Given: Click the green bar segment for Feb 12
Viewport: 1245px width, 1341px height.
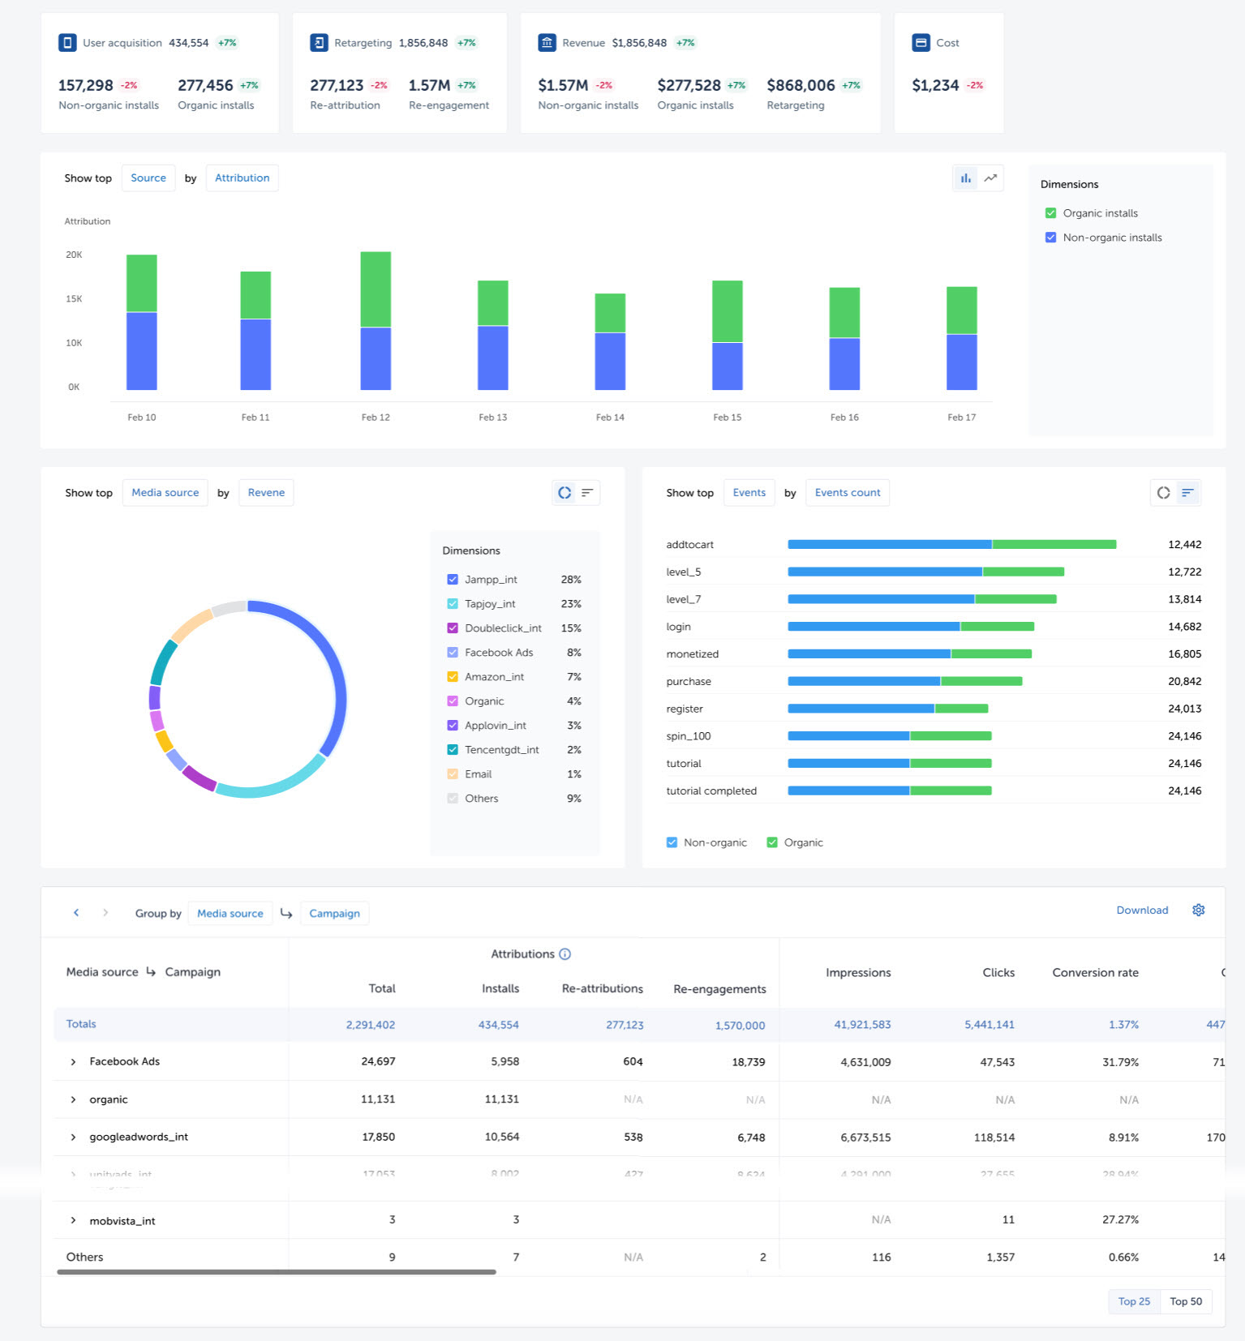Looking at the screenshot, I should point(376,289).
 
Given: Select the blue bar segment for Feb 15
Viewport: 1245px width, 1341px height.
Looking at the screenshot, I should point(727,366).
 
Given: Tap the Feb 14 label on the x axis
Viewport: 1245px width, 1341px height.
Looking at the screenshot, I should point(610,418).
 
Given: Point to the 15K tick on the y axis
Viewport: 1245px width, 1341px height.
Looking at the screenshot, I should point(74,299).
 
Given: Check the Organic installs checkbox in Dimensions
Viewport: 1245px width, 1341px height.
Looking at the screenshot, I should point(1050,213).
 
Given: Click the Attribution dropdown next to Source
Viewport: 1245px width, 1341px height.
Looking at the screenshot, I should point(242,178).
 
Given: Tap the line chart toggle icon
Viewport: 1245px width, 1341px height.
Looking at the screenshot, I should point(990,178).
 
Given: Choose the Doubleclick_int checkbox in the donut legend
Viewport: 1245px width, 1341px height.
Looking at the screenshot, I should point(453,628).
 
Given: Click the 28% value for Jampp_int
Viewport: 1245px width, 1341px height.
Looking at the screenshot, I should point(570,580).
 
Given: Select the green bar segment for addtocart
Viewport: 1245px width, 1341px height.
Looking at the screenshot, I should point(1054,545).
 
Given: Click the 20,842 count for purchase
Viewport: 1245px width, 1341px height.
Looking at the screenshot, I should point(1184,682).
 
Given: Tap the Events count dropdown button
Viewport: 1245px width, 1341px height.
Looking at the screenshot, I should point(847,493).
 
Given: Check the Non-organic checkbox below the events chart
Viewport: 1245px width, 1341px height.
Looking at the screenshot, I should point(672,842).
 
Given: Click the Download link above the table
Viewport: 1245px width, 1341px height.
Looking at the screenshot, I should point(1141,910).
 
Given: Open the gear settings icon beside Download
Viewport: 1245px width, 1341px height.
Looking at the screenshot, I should point(1198,910).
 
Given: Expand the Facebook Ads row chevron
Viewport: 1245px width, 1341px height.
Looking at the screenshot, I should point(73,1062).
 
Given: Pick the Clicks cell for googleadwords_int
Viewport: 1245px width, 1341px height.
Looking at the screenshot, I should point(994,1137).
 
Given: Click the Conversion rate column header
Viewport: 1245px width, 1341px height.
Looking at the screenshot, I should point(1094,973).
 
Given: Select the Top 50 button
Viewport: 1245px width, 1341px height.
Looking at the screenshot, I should point(1185,1301).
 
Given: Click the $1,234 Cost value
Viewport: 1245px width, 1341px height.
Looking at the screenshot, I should point(934,86).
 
